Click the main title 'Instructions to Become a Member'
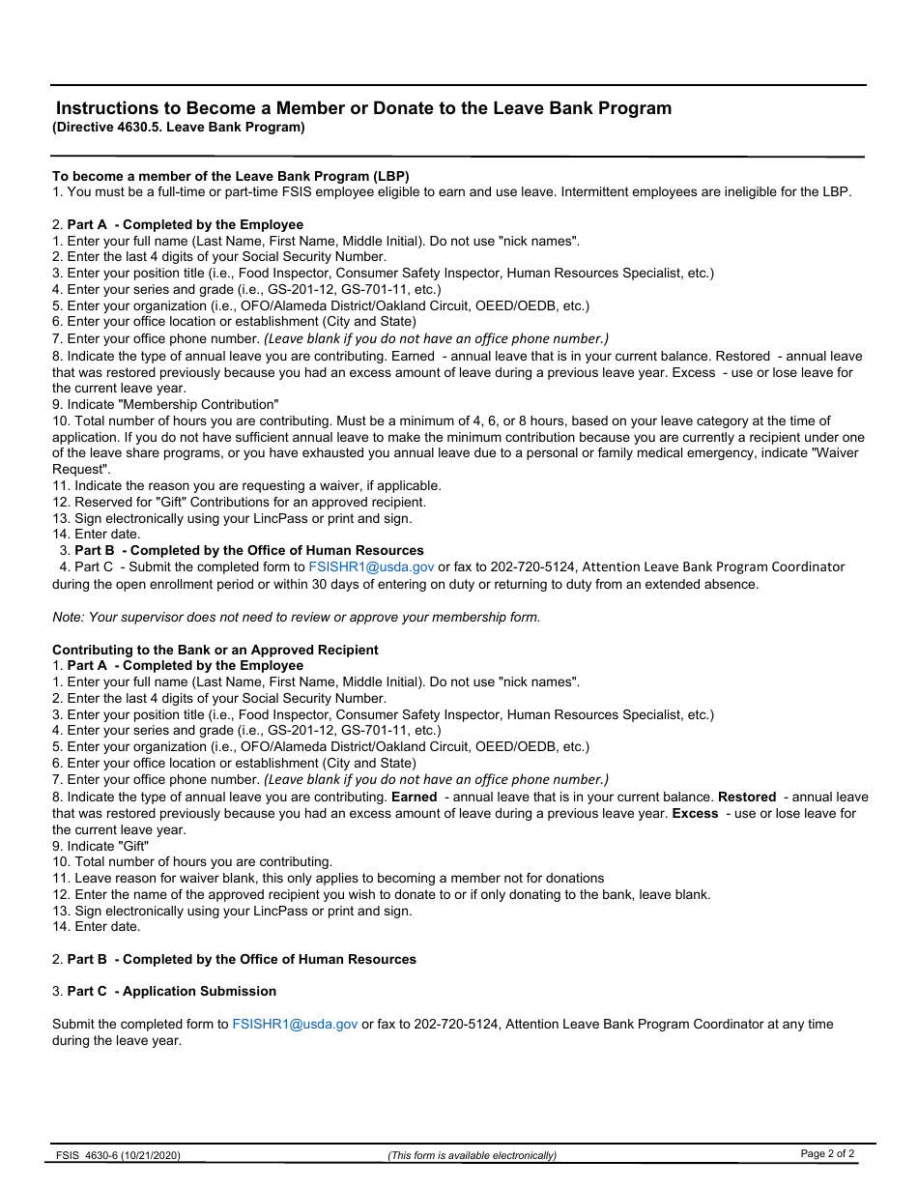(363, 108)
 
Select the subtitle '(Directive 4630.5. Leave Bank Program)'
(179, 128)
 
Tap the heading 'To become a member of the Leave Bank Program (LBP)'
(231, 176)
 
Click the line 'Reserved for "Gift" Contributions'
(239, 502)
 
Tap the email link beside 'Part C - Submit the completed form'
(371, 567)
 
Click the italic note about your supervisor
(296, 617)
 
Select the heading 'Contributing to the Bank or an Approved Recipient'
(215, 650)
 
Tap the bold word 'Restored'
(746, 797)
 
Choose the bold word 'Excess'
(695, 814)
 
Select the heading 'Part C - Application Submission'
(171, 991)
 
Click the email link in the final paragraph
(295, 1024)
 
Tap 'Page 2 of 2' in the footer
(827, 1153)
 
